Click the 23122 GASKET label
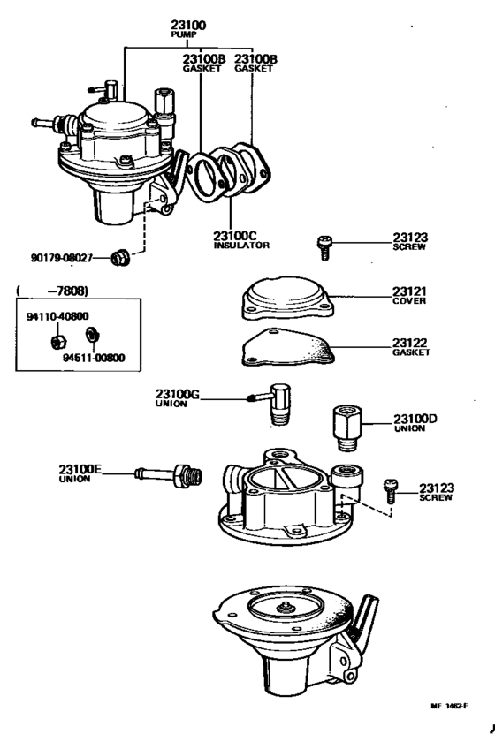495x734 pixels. (411, 346)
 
